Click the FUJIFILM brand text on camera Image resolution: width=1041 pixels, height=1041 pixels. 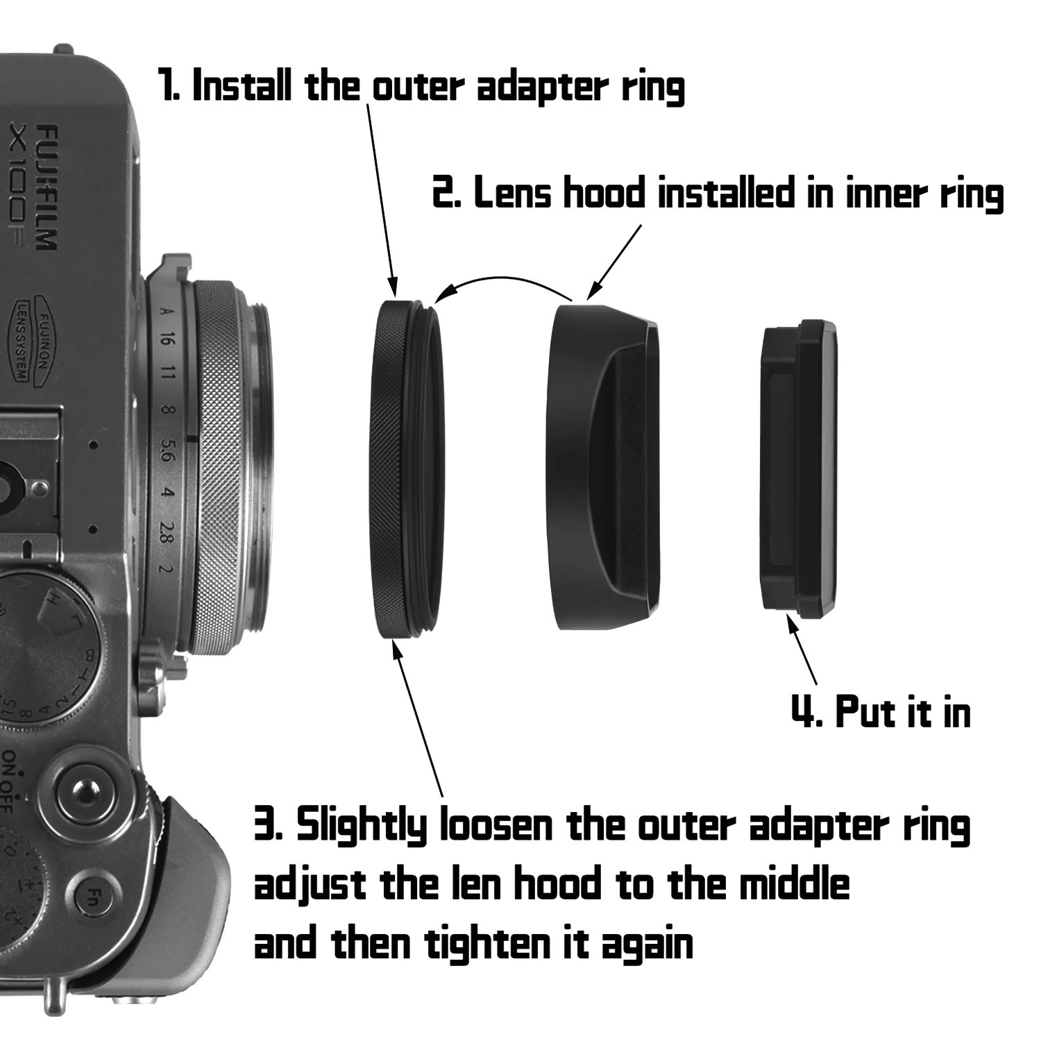click(x=46, y=187)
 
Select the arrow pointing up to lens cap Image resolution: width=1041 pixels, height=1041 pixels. click(x=802, y=649)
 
